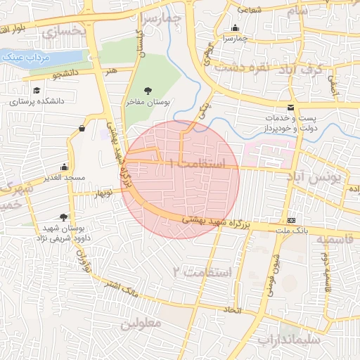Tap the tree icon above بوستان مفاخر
(148, 91)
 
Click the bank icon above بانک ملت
(291, 220)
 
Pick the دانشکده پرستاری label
(37, 101)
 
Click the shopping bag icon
(83, 129)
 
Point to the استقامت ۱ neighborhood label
(204, 164)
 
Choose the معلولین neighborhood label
(141, 323)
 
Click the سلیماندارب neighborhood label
(289, 339)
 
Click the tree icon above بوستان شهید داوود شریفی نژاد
(64, 217)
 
